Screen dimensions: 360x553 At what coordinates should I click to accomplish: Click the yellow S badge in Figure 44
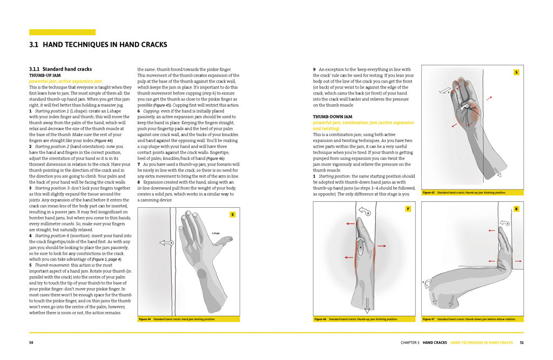coord(233,214)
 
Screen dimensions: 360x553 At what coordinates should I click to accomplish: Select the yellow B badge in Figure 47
coord(516,208)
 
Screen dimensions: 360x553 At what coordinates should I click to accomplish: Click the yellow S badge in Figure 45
coord(516,72)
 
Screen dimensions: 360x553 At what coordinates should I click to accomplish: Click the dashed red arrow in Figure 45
coord(489,99)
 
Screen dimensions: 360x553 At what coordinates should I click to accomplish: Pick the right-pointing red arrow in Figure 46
coord(381,246)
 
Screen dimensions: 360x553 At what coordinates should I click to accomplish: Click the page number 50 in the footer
coord(32,343)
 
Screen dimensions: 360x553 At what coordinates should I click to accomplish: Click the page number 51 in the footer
coord(521,343)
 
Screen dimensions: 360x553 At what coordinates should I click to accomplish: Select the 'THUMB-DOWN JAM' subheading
coord(332,117)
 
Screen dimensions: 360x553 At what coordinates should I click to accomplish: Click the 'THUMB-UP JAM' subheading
coord(44,76)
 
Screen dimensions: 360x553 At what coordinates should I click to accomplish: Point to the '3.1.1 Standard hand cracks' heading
coord(60,69)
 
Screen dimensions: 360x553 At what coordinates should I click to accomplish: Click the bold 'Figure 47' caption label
coord(428,319)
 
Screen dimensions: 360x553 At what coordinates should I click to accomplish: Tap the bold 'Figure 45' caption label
coord(428,192)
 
